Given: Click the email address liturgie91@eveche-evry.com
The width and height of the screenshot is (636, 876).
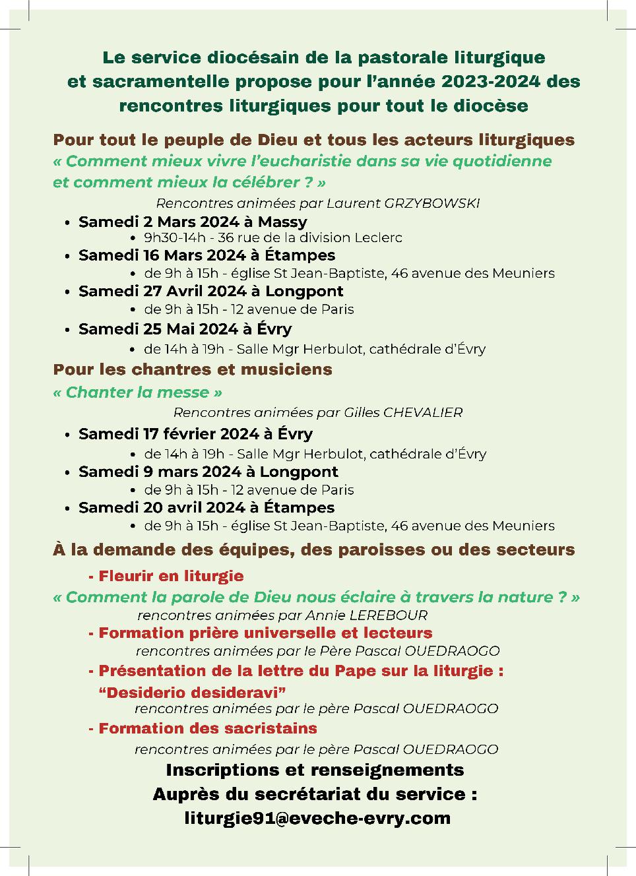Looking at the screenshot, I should tap(317, 818).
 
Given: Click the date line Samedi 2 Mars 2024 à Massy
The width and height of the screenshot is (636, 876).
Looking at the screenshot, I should tap(193, 222).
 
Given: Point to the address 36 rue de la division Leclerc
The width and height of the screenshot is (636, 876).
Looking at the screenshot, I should tap(310, 237).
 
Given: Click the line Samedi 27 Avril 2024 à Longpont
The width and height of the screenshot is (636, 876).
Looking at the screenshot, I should tap(210, 291).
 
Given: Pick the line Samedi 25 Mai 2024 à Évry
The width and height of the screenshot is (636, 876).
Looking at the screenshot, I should tap(185, 328).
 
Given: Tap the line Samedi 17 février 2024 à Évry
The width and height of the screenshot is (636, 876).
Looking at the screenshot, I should tap(195, 433).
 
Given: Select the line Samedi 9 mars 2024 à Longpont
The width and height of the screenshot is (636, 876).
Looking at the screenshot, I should tap(208, 472).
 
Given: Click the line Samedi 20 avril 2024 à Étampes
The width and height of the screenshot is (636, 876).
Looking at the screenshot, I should tap(206, 507).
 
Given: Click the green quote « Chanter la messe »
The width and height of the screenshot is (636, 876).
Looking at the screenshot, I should tap(137, 392).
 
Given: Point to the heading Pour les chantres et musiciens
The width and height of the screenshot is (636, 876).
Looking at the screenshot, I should tap(193, 369).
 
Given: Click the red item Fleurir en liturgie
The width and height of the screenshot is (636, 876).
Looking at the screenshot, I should tap(170, 576).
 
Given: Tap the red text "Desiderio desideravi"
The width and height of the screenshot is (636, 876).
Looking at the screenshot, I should tap(192, 692).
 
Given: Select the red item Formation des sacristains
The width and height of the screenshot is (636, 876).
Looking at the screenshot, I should tap(207, 728).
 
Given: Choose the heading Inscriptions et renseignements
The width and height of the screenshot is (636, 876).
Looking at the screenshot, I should tap(315, 770).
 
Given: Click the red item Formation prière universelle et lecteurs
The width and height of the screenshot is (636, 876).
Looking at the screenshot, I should tap(265, 633).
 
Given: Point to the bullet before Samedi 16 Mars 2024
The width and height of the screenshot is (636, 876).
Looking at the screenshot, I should tap(67, 256).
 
